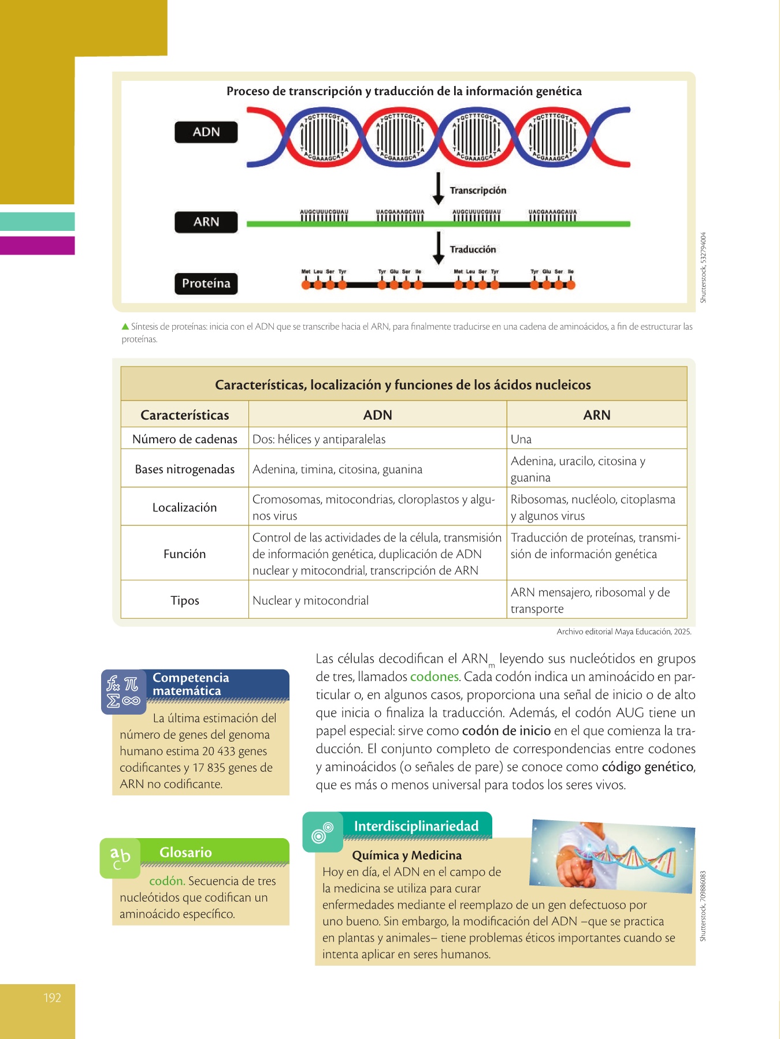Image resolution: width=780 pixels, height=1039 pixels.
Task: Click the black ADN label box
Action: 206,132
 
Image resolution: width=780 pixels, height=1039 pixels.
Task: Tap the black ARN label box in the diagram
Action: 206,222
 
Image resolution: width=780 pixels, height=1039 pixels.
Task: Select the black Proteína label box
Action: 206,283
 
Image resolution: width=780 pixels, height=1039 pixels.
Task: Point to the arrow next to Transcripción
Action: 439,188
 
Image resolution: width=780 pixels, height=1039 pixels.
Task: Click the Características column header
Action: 184,415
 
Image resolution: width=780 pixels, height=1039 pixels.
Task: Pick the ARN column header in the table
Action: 596,415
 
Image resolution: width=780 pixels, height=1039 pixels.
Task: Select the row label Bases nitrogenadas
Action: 184,469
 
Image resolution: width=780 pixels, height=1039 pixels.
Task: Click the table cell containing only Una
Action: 521,439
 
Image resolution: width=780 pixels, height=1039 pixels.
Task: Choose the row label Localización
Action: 184,507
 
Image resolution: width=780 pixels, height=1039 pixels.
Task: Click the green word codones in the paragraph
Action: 434,677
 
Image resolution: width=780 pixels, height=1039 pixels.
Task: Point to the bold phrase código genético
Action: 647,767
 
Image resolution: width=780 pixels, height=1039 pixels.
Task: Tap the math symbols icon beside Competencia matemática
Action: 123,692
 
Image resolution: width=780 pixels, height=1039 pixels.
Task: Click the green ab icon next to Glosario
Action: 120,858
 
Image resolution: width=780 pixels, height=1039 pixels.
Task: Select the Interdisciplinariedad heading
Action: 416,826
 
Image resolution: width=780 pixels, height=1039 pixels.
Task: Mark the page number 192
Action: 52,997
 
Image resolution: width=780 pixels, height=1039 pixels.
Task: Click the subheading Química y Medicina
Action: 407,855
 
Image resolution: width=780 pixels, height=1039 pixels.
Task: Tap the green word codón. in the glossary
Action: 167,881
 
